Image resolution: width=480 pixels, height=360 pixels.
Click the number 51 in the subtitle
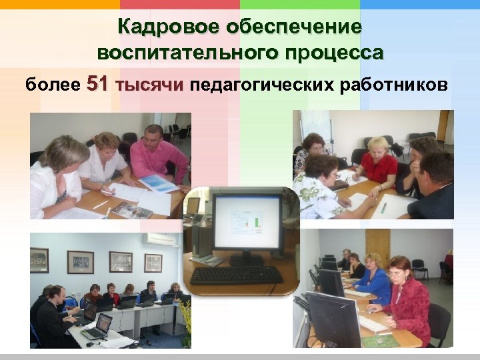click(x=97, y=85)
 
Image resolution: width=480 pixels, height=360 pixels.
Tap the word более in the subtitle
click(x=52, y=85)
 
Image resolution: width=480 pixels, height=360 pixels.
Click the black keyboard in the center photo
click(x=236, y=275)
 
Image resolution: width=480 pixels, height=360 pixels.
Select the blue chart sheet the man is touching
click(x=159, y=183)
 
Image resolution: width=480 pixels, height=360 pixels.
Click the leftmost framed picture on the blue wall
click(x=39, y=259)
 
